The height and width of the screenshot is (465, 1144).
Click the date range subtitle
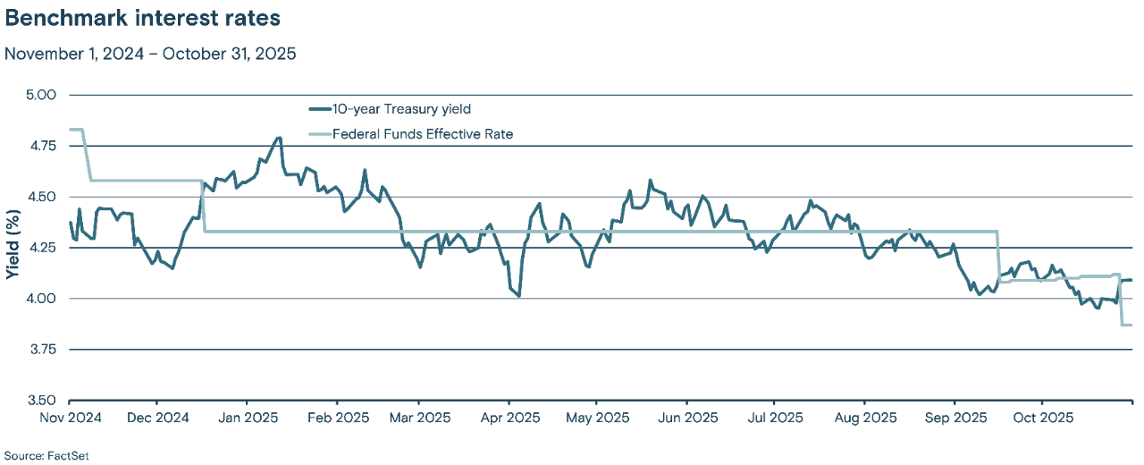pyautogui.click(x=150, y=54)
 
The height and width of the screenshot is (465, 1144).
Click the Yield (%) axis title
pyautogui.click(x=13, y=247)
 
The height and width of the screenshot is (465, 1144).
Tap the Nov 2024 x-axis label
pyautogui.click(x=70, y=418)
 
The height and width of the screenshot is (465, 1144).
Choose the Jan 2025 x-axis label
pyautogui.click(x=246, y=418)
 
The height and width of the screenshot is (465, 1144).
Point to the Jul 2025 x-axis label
pyautogui.click(x=774, y=418)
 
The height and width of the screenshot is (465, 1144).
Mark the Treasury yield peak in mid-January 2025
pyautogui.click(x=279, y=138)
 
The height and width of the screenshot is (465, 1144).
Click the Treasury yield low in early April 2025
pyautogui.click(x=519, y=296)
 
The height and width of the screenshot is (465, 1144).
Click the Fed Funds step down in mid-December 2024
pyautogui.click(x=204, y=207)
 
